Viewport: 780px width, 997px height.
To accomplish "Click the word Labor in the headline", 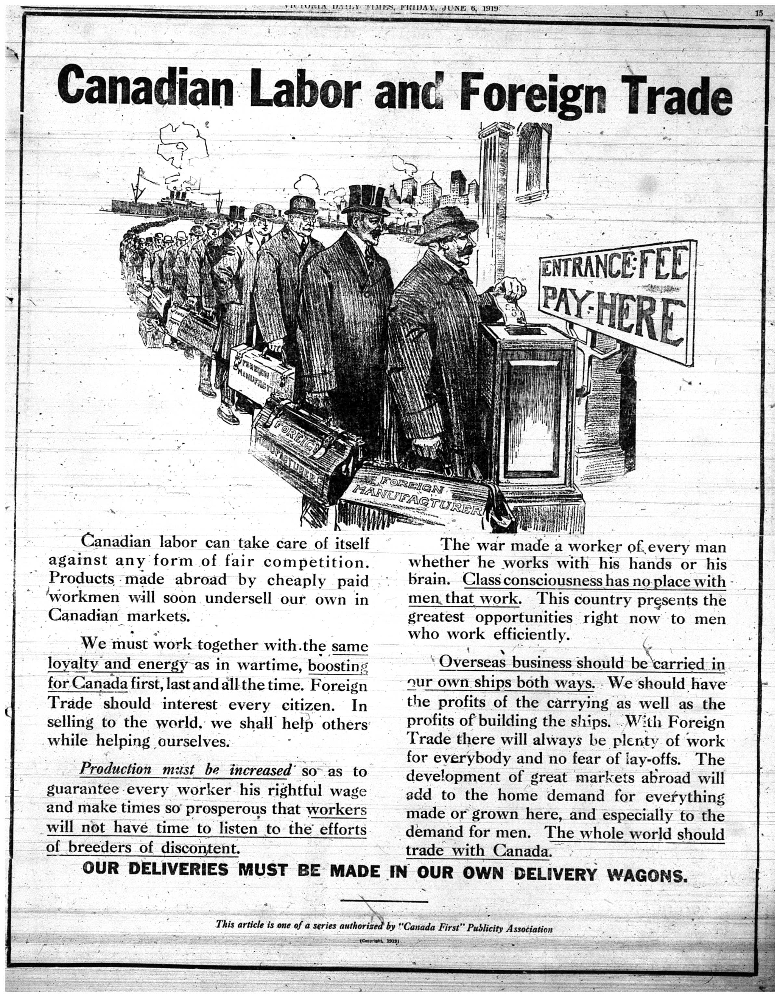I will pos(304,88).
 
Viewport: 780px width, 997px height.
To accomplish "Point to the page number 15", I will pos(758,13).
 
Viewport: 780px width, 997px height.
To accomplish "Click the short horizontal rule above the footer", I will pos(384,901).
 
